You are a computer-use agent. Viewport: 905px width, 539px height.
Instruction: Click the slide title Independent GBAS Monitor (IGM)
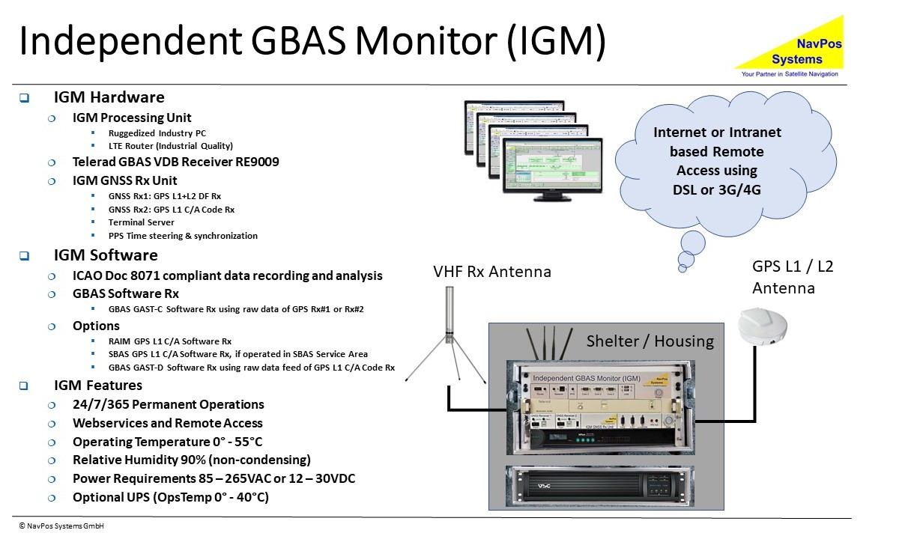312,42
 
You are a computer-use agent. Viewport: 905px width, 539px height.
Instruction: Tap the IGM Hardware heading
109,97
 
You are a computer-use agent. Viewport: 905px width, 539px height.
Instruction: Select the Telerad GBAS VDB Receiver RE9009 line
175,161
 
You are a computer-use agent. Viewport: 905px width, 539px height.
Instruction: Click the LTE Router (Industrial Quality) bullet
170,146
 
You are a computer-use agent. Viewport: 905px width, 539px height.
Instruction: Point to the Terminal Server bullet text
141,222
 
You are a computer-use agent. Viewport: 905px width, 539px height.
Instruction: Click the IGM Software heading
106,255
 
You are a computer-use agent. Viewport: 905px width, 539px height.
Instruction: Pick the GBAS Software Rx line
125,293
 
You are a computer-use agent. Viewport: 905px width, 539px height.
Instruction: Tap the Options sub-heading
96,326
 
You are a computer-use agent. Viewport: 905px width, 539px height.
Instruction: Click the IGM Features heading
98,386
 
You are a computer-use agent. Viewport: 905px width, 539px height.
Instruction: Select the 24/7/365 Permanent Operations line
168,404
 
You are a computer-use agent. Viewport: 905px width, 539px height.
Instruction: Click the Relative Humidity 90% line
191,460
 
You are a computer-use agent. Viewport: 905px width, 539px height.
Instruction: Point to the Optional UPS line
170,497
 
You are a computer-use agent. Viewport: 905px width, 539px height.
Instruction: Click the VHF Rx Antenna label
491,272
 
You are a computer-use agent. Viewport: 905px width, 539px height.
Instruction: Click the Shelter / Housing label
650,341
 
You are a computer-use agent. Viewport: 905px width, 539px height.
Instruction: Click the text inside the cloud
717,161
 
